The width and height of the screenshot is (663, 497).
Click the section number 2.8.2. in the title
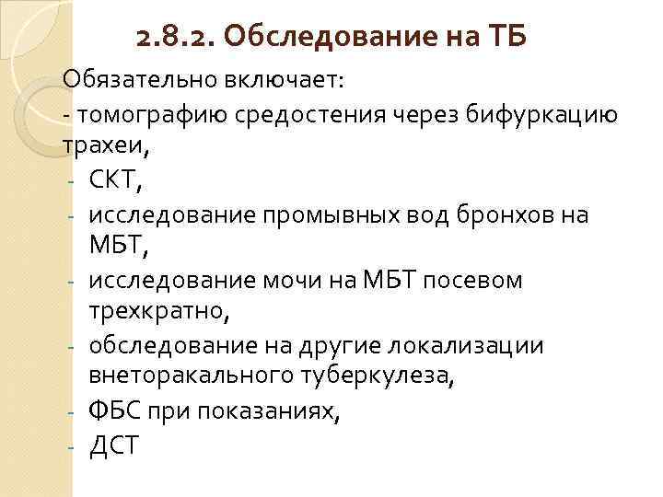coord(173,39)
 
